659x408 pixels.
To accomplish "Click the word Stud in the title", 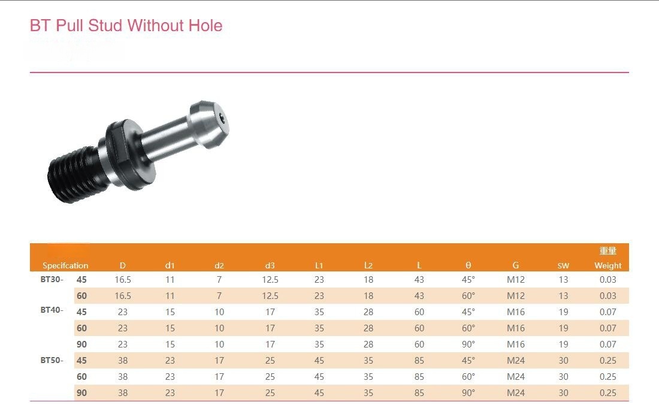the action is tap(105, 26).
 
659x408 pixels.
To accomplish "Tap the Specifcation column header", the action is tap(65, 265).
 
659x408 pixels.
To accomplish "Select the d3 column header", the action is tap(270, 265).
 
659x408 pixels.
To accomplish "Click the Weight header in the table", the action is tap(607, 265).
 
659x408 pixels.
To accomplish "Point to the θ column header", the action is tap(468, 265).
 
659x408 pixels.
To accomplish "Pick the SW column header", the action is tap(563, 265).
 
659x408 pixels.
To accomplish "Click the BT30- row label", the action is tap(52, 279).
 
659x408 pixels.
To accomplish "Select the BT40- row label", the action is tap(52, 310).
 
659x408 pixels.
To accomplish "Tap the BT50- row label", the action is tap(52, 360).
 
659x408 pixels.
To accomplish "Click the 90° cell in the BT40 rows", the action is tap(468, 344).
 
